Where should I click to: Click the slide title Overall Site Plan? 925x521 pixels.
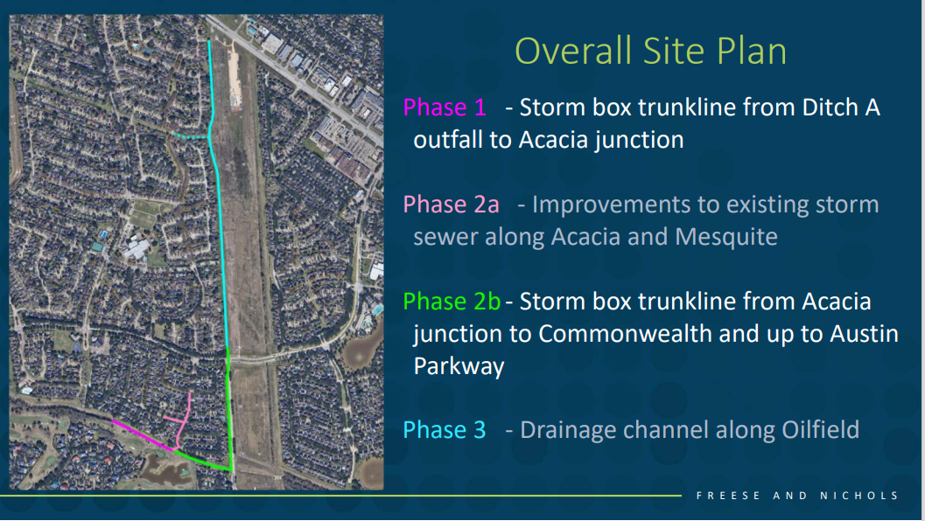(x=651, y=51)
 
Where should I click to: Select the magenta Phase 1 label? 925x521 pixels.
(x=445, y=108)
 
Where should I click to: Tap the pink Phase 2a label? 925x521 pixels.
(x=452, y=205)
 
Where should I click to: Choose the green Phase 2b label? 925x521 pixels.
(x=452, y=302)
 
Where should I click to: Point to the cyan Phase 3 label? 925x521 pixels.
(x=445, y=429)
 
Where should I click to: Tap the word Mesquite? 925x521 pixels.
(x=726, y=237)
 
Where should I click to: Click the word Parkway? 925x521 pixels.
(x=459, y=366)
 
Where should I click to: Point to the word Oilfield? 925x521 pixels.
(x=821, y=429)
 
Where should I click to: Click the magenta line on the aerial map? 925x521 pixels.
(x=143, y=435)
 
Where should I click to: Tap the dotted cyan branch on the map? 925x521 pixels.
(x=190, y=135)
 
